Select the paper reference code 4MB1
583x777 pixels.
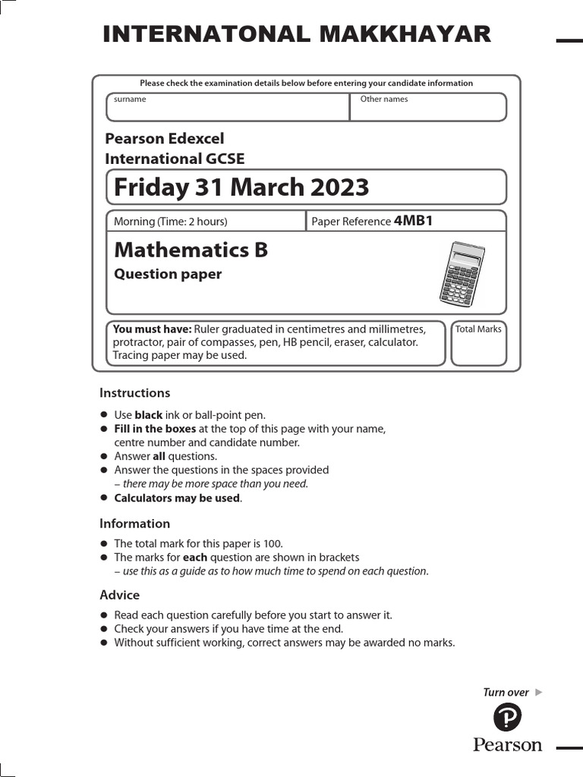click(x=413, y=221)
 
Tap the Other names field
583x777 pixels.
click(x=428, y=110)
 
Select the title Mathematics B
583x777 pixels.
click(x=191, y=250)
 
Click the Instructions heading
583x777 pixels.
click(x=135, y=393)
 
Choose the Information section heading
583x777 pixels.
click(x=135, y=524)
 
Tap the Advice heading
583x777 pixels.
click(x=120, y=595)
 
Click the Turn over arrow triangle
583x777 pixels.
click(x=539, y=692)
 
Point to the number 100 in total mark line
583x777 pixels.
click(x=272, y=543)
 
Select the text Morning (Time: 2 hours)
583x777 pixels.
click(x=170, y=222)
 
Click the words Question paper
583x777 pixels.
click(x=168, y=275)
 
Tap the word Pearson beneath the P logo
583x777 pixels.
click(x=508, y=744)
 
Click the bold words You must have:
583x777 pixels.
click(x=152, y=329)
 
